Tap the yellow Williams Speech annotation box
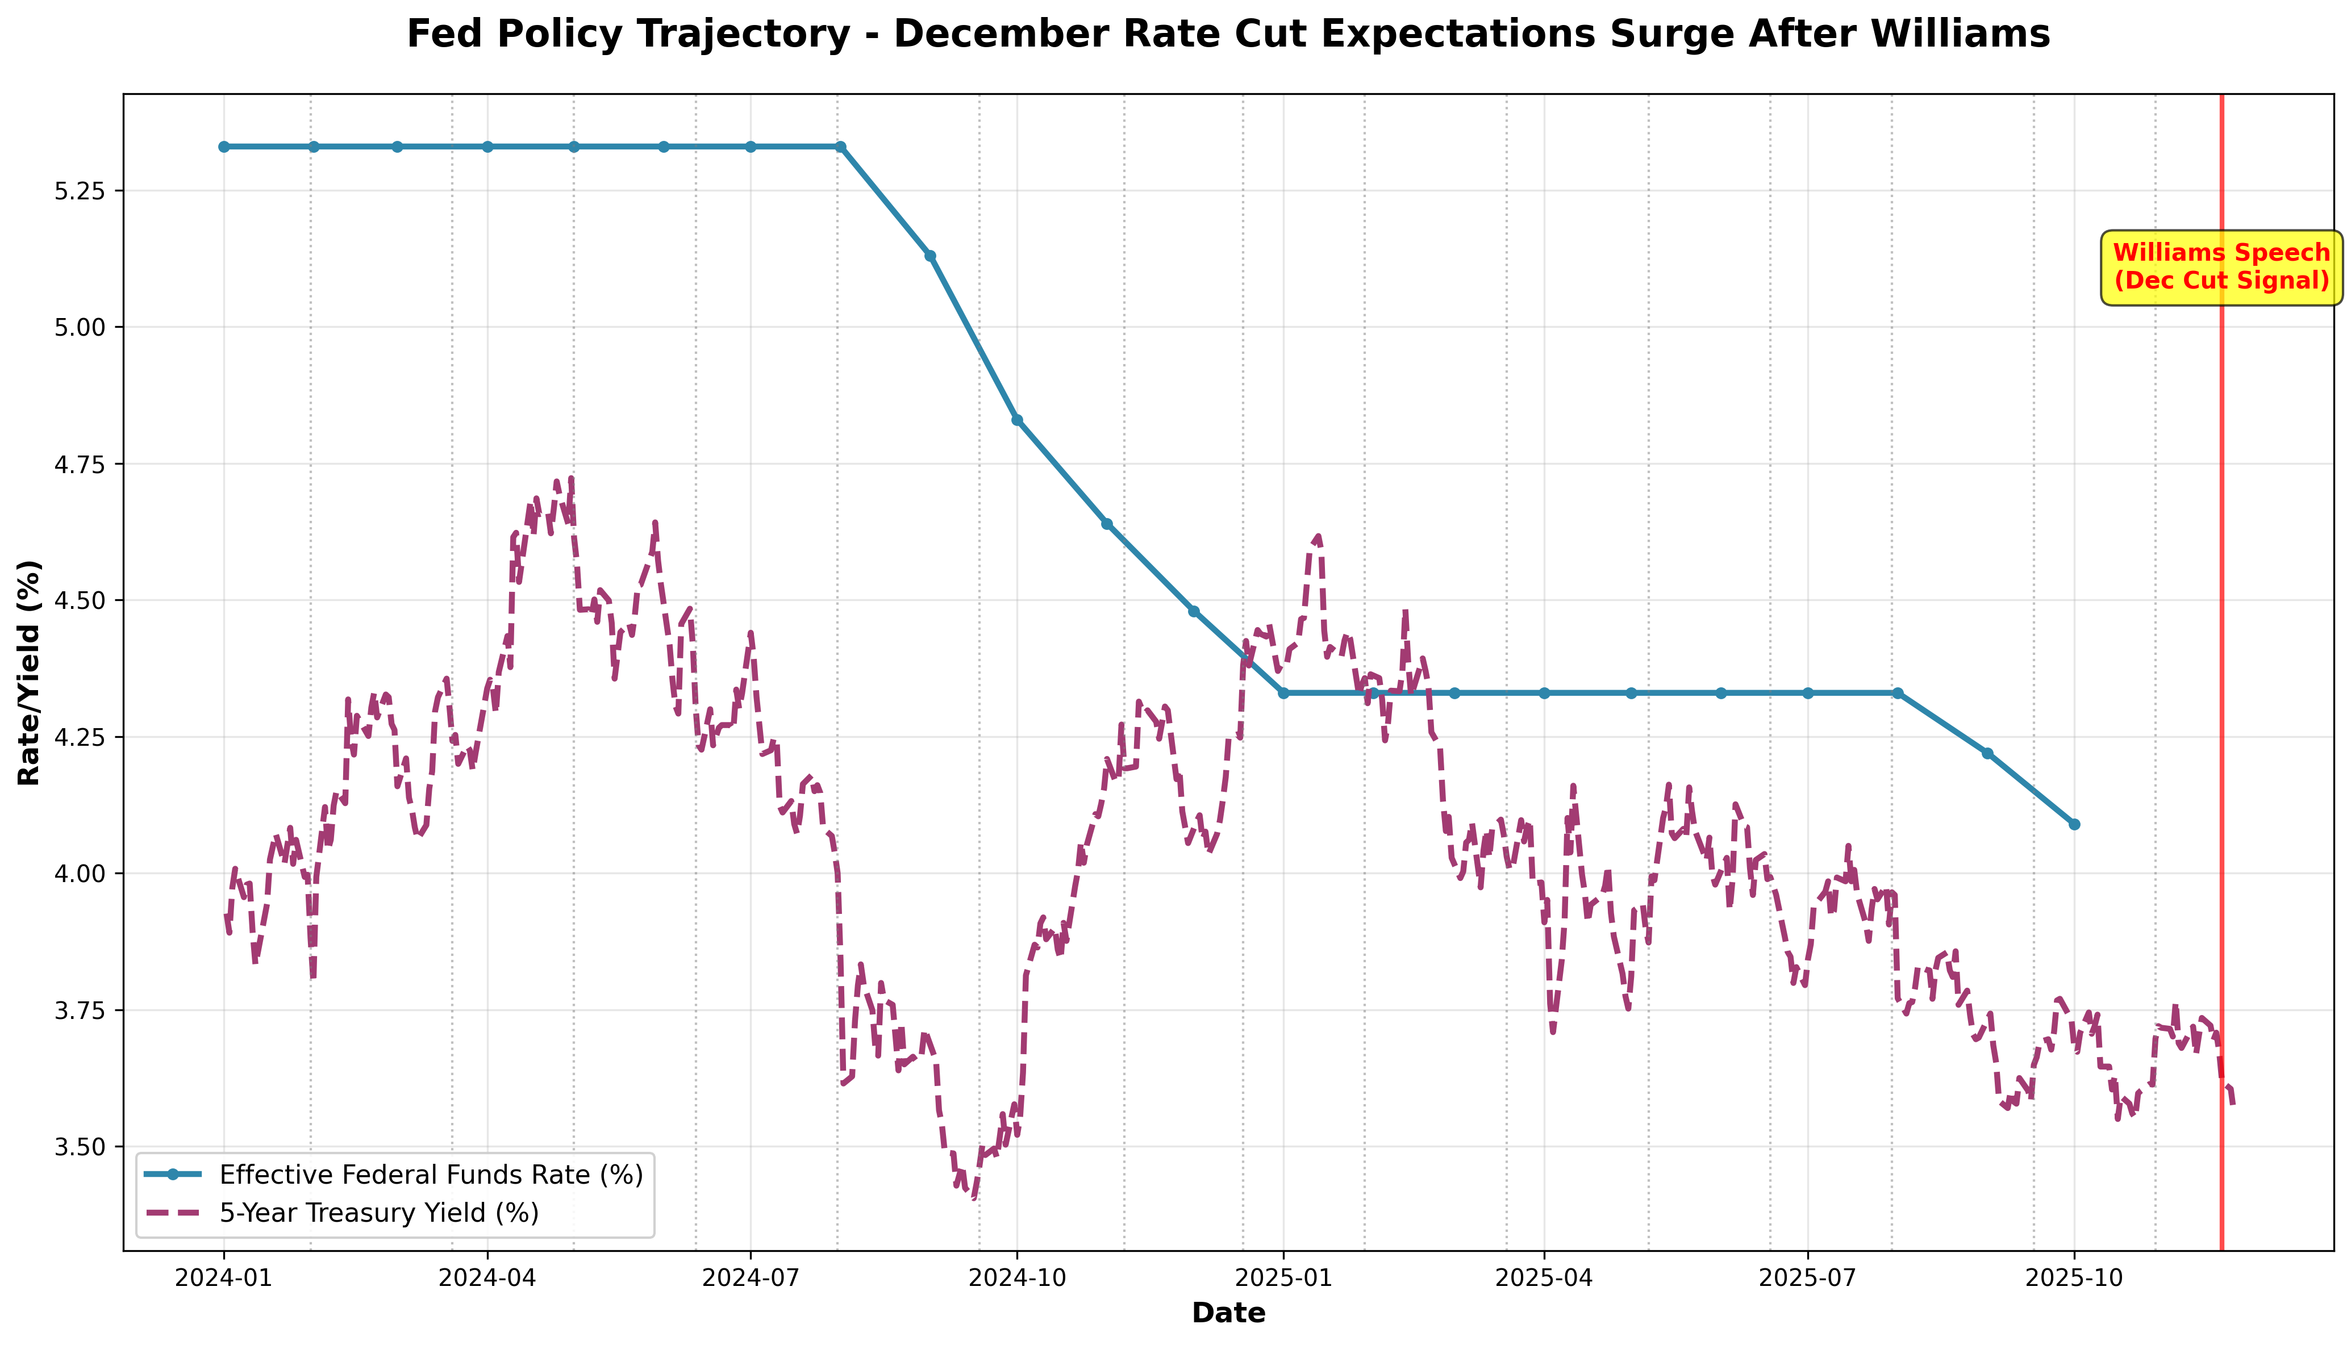(2221, 267)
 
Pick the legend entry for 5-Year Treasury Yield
(379, 1212)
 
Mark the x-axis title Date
(1228, 1313)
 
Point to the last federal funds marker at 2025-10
(2074, 824)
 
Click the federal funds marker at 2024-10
(1017, 419)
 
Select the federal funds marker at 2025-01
(1283, 693)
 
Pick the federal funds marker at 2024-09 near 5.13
(930, 256)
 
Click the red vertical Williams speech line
(2221, 646)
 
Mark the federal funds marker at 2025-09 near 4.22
(1987, 753)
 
